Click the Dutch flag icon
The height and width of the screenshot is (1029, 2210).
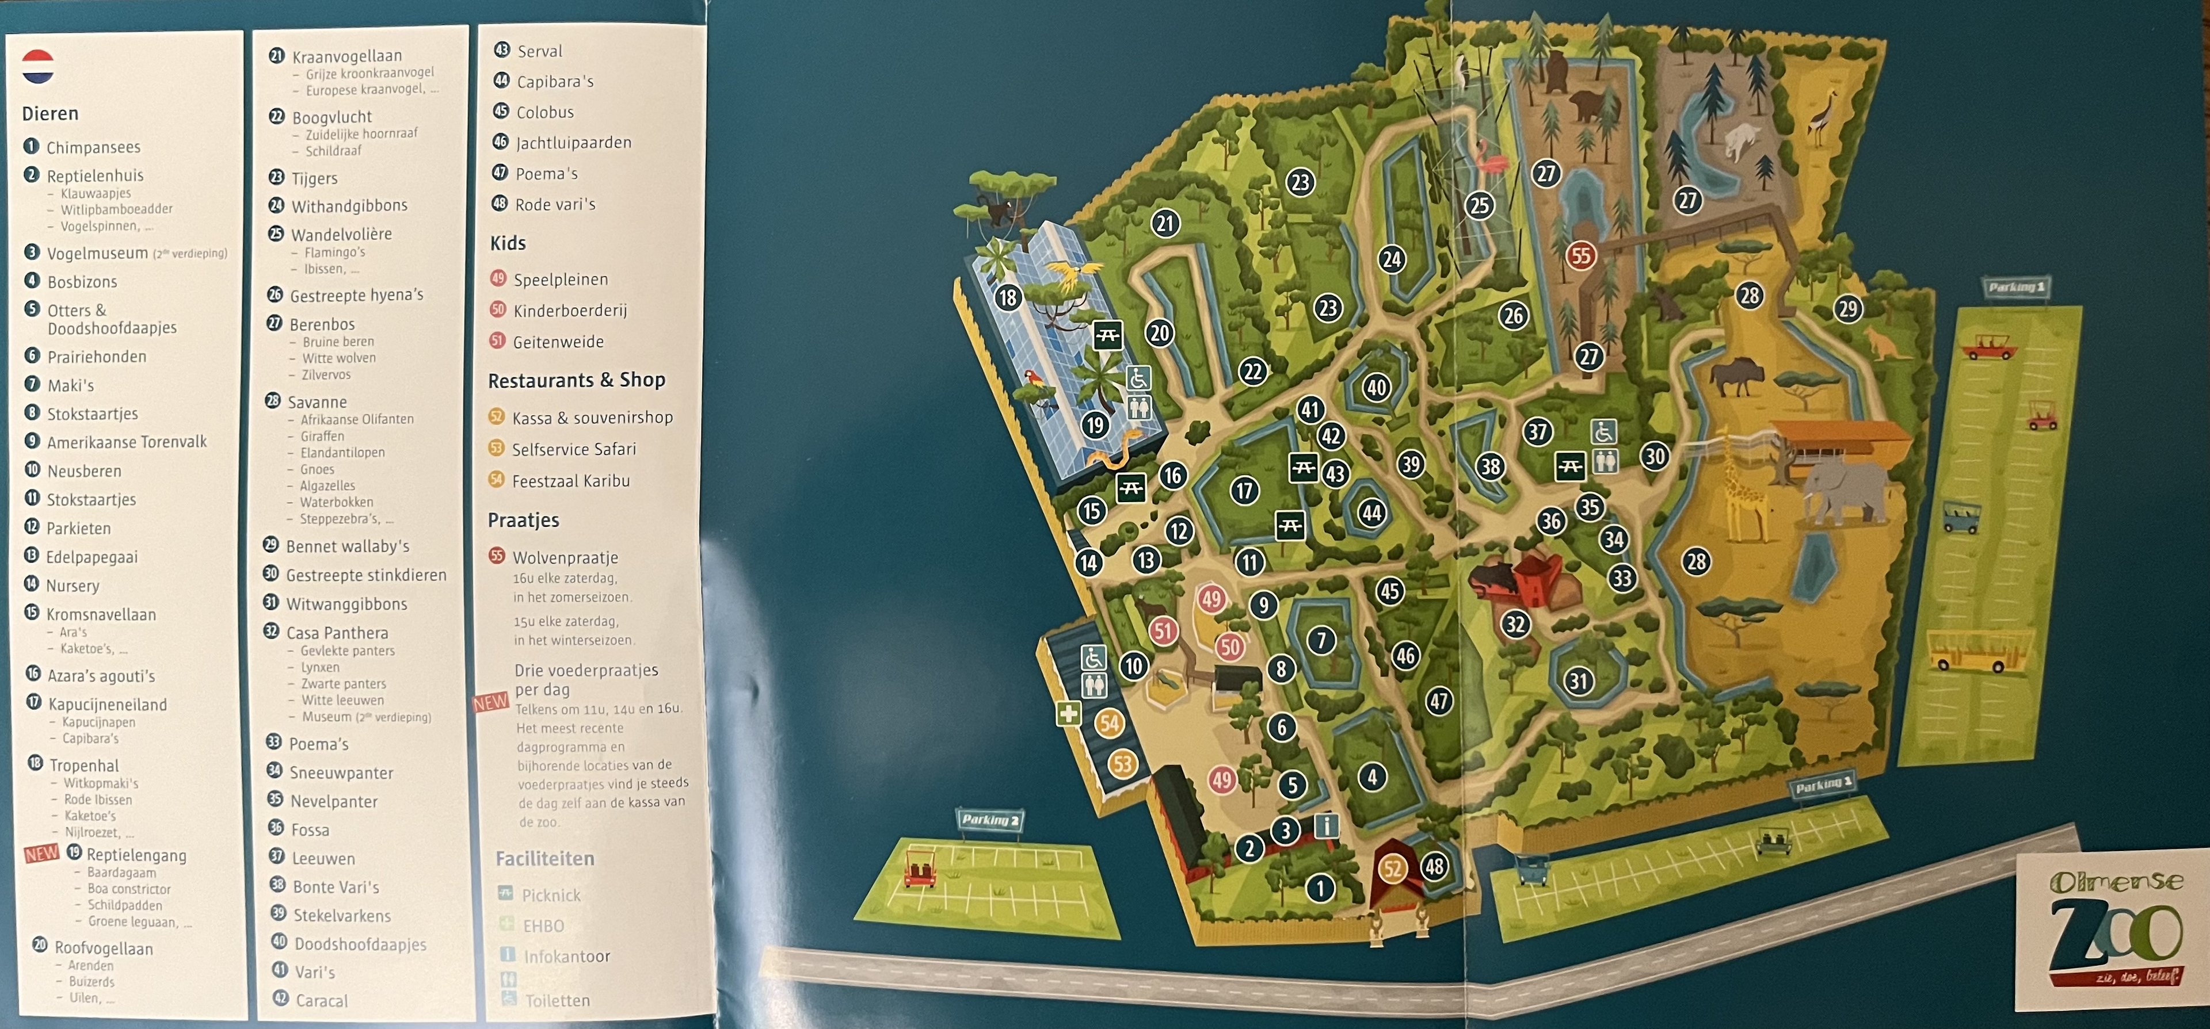(x=38, y=66)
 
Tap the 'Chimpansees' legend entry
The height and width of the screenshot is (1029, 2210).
(x=93, y=147)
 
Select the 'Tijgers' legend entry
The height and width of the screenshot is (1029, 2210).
(x=314, y=178)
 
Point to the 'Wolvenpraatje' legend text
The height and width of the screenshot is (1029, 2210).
(x=565, y=557)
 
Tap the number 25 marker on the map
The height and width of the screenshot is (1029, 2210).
(x=1480, y=205)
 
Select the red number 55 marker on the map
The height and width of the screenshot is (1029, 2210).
(x=1580, y=255)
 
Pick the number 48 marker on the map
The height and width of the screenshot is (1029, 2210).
(x=1434, y=866)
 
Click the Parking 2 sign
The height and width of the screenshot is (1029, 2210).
(x=990, y=820)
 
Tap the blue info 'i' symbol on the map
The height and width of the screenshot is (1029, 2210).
(x=1327, y=826)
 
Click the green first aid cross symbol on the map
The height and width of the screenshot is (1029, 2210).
(x=1068, y=713)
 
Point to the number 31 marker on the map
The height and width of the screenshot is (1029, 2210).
(x=1579, y=681)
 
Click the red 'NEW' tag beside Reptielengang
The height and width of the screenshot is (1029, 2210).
(x=42, y=854)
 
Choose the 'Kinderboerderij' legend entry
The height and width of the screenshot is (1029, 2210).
(x=570, y=311)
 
